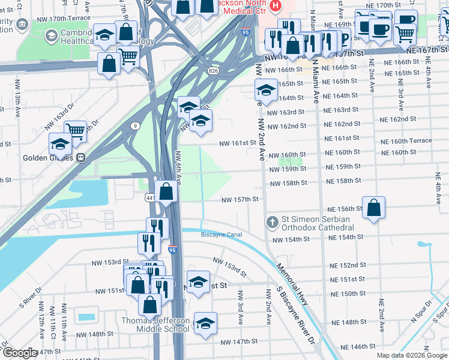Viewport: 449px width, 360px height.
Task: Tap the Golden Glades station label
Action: pos(48,158)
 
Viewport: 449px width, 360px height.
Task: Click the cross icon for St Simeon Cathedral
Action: pos(273,222)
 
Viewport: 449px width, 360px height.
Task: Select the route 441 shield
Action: pos(150,197)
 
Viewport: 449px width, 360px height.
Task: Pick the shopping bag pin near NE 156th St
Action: pos(373,208)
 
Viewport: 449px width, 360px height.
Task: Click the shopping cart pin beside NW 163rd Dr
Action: pos(75,130)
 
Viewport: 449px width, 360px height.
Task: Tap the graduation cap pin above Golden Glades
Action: pos(60,144)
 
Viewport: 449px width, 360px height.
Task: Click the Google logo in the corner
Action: pos(19,353)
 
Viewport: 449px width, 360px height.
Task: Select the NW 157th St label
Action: pos(240,200)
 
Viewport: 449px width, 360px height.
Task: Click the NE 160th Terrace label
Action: pos(407,141)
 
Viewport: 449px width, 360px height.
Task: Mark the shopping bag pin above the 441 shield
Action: pos(167,191)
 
